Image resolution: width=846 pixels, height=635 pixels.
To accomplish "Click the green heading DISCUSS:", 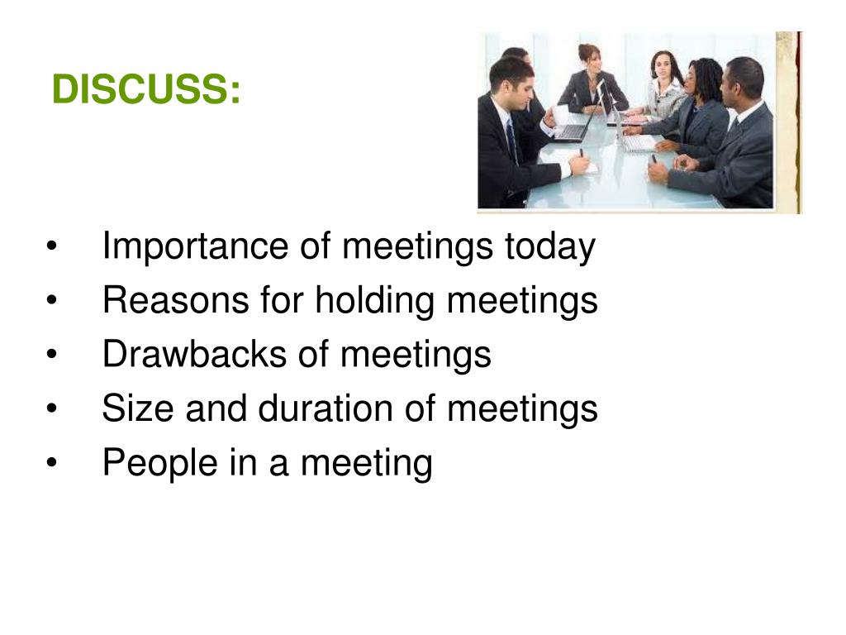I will pos(146,89).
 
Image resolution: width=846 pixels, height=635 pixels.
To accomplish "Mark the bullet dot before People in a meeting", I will pos(53,464).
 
